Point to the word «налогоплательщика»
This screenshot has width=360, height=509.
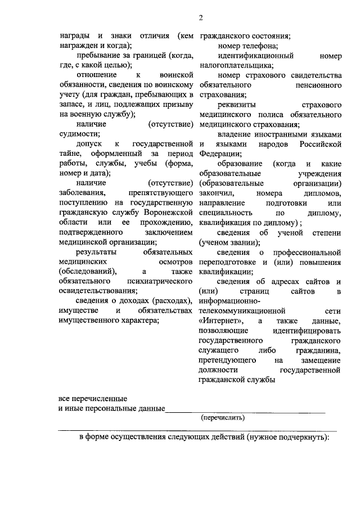tap(231, 65)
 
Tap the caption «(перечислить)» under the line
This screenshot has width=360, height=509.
tap(223, 418)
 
